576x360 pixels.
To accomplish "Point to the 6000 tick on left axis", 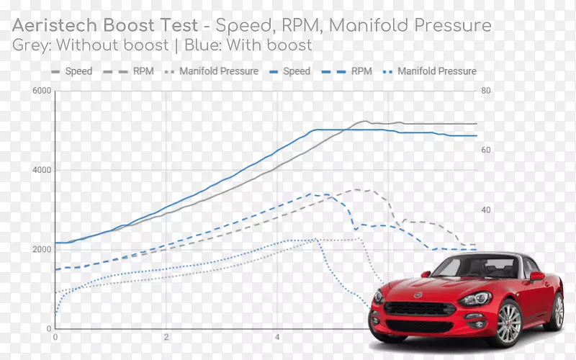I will coord(41,91).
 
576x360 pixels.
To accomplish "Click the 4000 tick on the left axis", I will coord(41,170).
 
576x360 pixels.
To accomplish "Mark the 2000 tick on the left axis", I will coord(41,249).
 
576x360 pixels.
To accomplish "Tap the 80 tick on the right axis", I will coord(486,91).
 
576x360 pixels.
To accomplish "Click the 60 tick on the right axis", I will coord(486,150).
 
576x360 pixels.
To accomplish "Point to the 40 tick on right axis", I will coord(486,210).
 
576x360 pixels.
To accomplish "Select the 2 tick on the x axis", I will coord(166,336).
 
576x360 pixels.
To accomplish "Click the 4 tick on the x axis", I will coord(277,336).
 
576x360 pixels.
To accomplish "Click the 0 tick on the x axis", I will coord(55,336).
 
